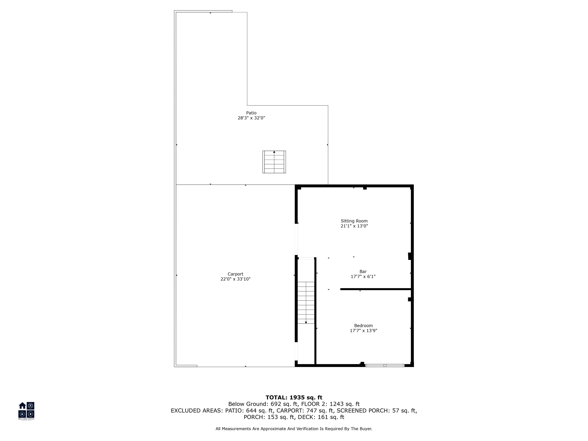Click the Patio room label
click(251, 113)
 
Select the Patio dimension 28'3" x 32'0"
click(251, 118)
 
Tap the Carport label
click(235, 274)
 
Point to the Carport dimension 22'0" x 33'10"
click(235, 279)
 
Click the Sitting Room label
click(354, 221)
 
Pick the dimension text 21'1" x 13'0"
click(354, 226)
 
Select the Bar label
click(363, 271)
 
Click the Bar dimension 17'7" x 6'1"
click(363, 276)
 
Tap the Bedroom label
click(363, 326)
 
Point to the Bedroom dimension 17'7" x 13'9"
click(363, 331)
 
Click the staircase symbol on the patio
click(274, 162)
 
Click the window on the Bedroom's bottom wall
click(385, 366)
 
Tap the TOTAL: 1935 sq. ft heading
click(294, 397)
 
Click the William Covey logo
click(26, 411)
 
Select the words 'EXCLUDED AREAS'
click(196, 411)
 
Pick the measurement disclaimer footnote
click(294, 429)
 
